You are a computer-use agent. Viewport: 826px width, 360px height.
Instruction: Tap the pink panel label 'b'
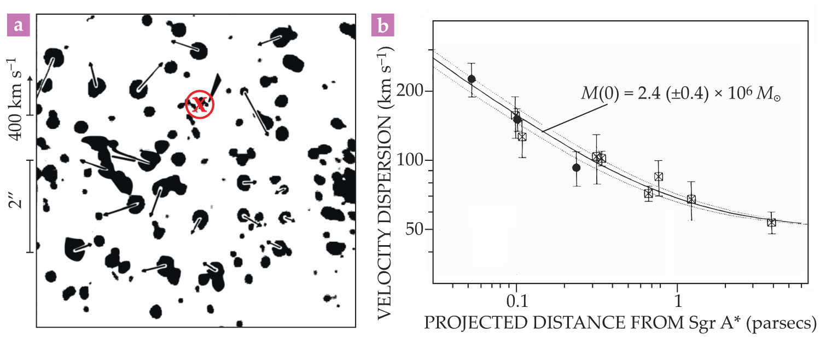click(x=381, y=26)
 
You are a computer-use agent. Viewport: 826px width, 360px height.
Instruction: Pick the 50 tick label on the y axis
click(x=416, y=230)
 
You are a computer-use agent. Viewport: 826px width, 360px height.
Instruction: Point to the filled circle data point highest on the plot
click(x=472, y=79)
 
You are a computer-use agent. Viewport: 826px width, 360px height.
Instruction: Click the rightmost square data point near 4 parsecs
click(x=771, y=222)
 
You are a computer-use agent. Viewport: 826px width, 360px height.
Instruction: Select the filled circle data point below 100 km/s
click(x=576, y=167)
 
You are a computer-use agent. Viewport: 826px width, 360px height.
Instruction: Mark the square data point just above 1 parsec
click(x=691, y=199)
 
